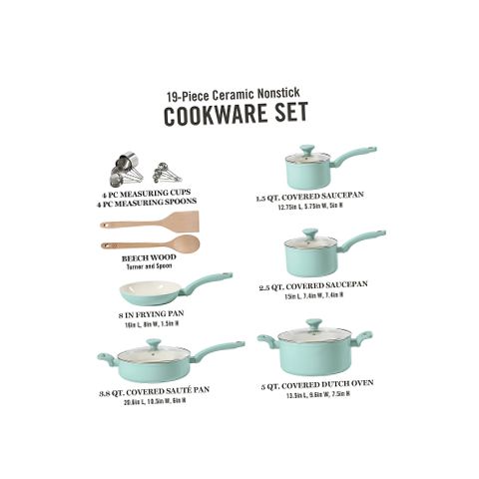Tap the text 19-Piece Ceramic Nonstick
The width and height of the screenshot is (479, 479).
pyautogui.click(x=239, y=91)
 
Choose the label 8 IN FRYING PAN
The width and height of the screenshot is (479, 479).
pyautogui.click(x=149, y=314)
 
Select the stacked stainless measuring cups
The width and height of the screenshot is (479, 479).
pyautogui.click(x=131, y=167)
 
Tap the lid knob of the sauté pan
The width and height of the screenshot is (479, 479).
pyautogui.click(x=153, y=342)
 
